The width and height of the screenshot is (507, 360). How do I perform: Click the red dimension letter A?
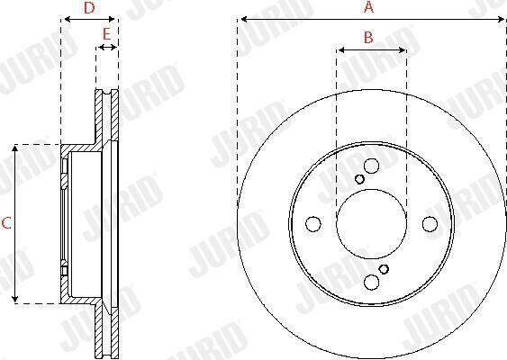(x=368, y=7)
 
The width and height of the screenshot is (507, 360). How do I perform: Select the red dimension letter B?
(x=368, y=38)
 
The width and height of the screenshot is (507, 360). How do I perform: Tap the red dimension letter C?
(x=6, y=223)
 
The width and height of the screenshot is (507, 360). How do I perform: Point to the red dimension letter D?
(x=89, y=8)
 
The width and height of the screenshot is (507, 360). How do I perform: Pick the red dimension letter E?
(x=106, y=34)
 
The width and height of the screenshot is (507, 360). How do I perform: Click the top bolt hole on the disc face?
(x=371, y=166)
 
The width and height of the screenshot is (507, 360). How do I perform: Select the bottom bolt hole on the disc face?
(x=371, y=282)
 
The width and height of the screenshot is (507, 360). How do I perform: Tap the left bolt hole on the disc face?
(x=313, y=224)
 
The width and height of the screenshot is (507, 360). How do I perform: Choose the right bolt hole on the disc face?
(x=430, y=224)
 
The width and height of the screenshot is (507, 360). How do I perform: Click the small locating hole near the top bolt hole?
(x=359, y=179)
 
